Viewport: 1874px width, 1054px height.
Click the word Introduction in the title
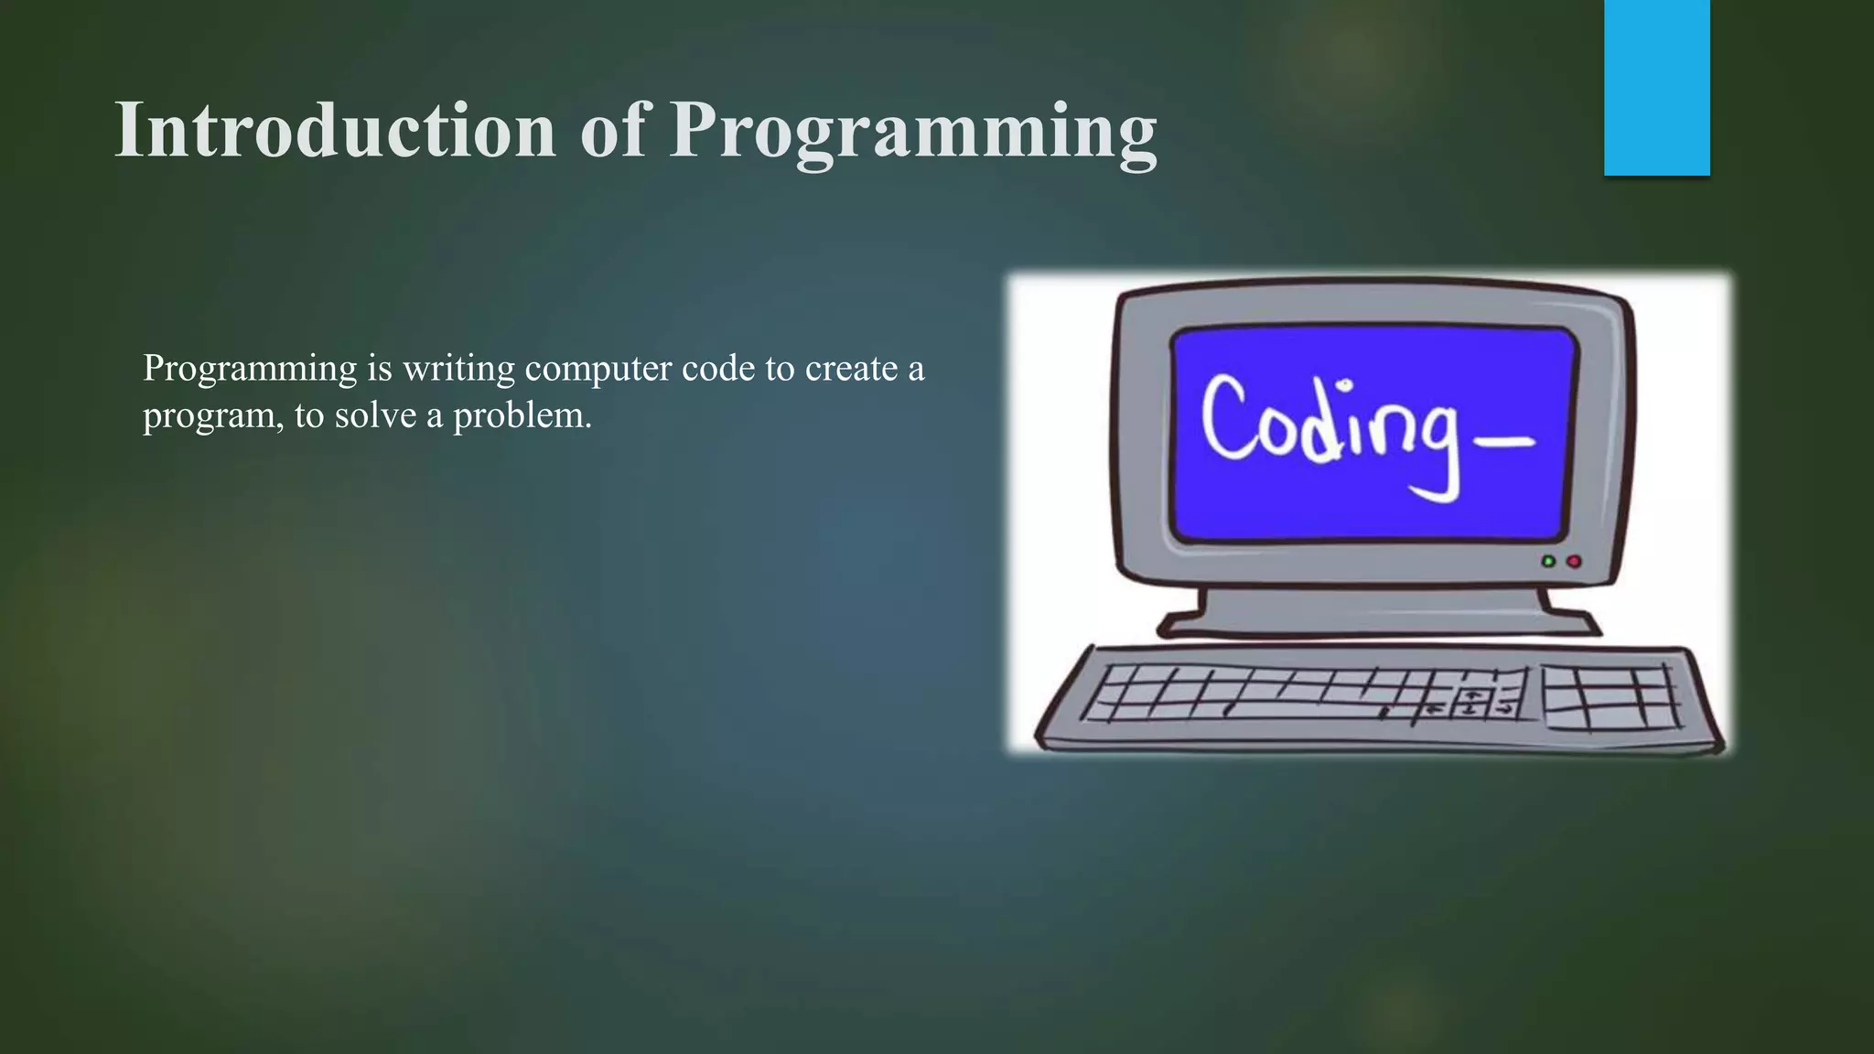point(335,130)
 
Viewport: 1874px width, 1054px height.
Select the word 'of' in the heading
point(612,130)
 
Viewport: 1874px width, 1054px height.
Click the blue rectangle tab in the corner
point(1656,87)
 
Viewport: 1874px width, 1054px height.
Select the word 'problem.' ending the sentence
point(522,415)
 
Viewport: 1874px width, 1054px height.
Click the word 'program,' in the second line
point(213,417)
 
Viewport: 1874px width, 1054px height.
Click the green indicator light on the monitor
point(1548,561)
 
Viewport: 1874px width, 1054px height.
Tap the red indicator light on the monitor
point(1574,561)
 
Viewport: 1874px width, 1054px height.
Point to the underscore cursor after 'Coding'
point(1504,443)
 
